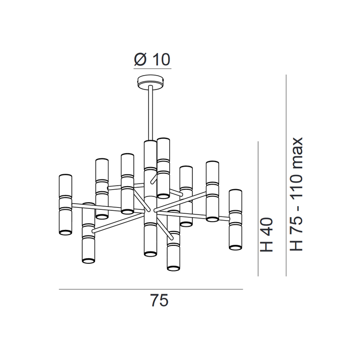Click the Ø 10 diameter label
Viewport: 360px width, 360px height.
point(152,60)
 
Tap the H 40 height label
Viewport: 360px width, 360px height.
point(266,235)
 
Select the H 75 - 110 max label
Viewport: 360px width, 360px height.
point(296,194)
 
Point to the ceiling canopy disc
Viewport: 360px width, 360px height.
point(151,81)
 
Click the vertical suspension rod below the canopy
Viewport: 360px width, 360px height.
point(151,113)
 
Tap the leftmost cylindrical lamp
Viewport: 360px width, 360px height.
point(65,205)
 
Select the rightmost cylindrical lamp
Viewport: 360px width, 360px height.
point(236,220)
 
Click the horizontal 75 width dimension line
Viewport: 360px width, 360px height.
point(151,289)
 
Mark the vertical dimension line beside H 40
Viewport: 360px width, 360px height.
point(258,208)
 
